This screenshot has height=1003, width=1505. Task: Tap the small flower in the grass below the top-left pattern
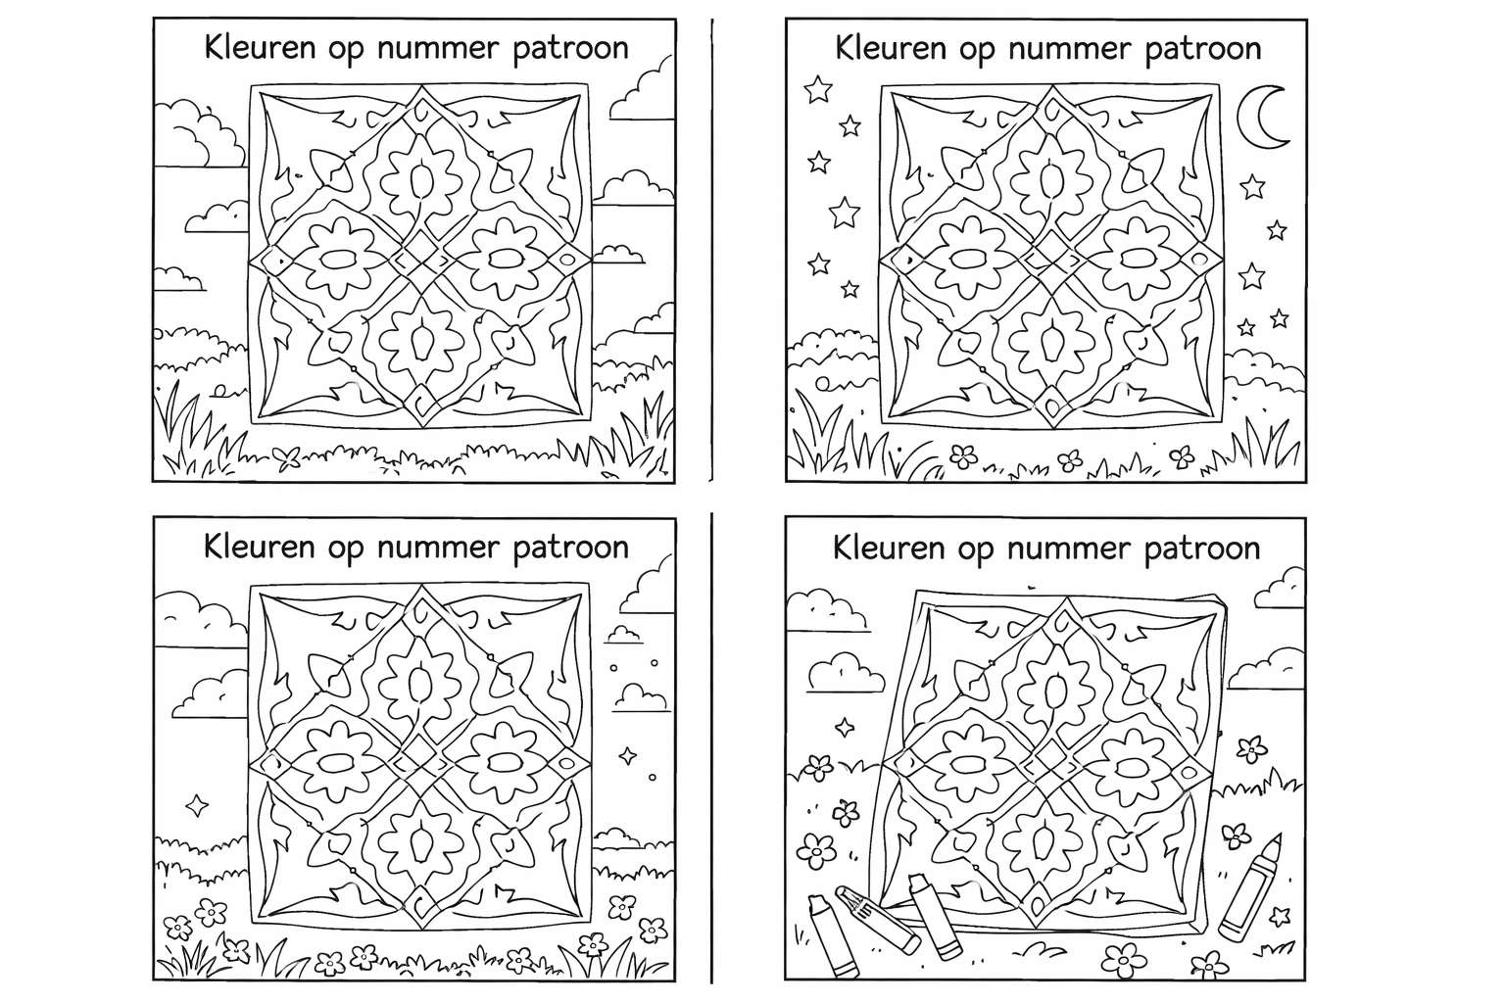point(288,455)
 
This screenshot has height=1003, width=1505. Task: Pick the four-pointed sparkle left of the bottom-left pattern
point(198,804)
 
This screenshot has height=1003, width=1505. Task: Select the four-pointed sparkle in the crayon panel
point(843,727)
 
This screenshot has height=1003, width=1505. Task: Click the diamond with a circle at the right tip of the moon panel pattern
point(1198,258)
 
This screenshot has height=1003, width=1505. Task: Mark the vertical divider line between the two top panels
point(712,245)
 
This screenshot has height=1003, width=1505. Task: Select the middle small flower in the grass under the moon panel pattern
point(1071,457)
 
